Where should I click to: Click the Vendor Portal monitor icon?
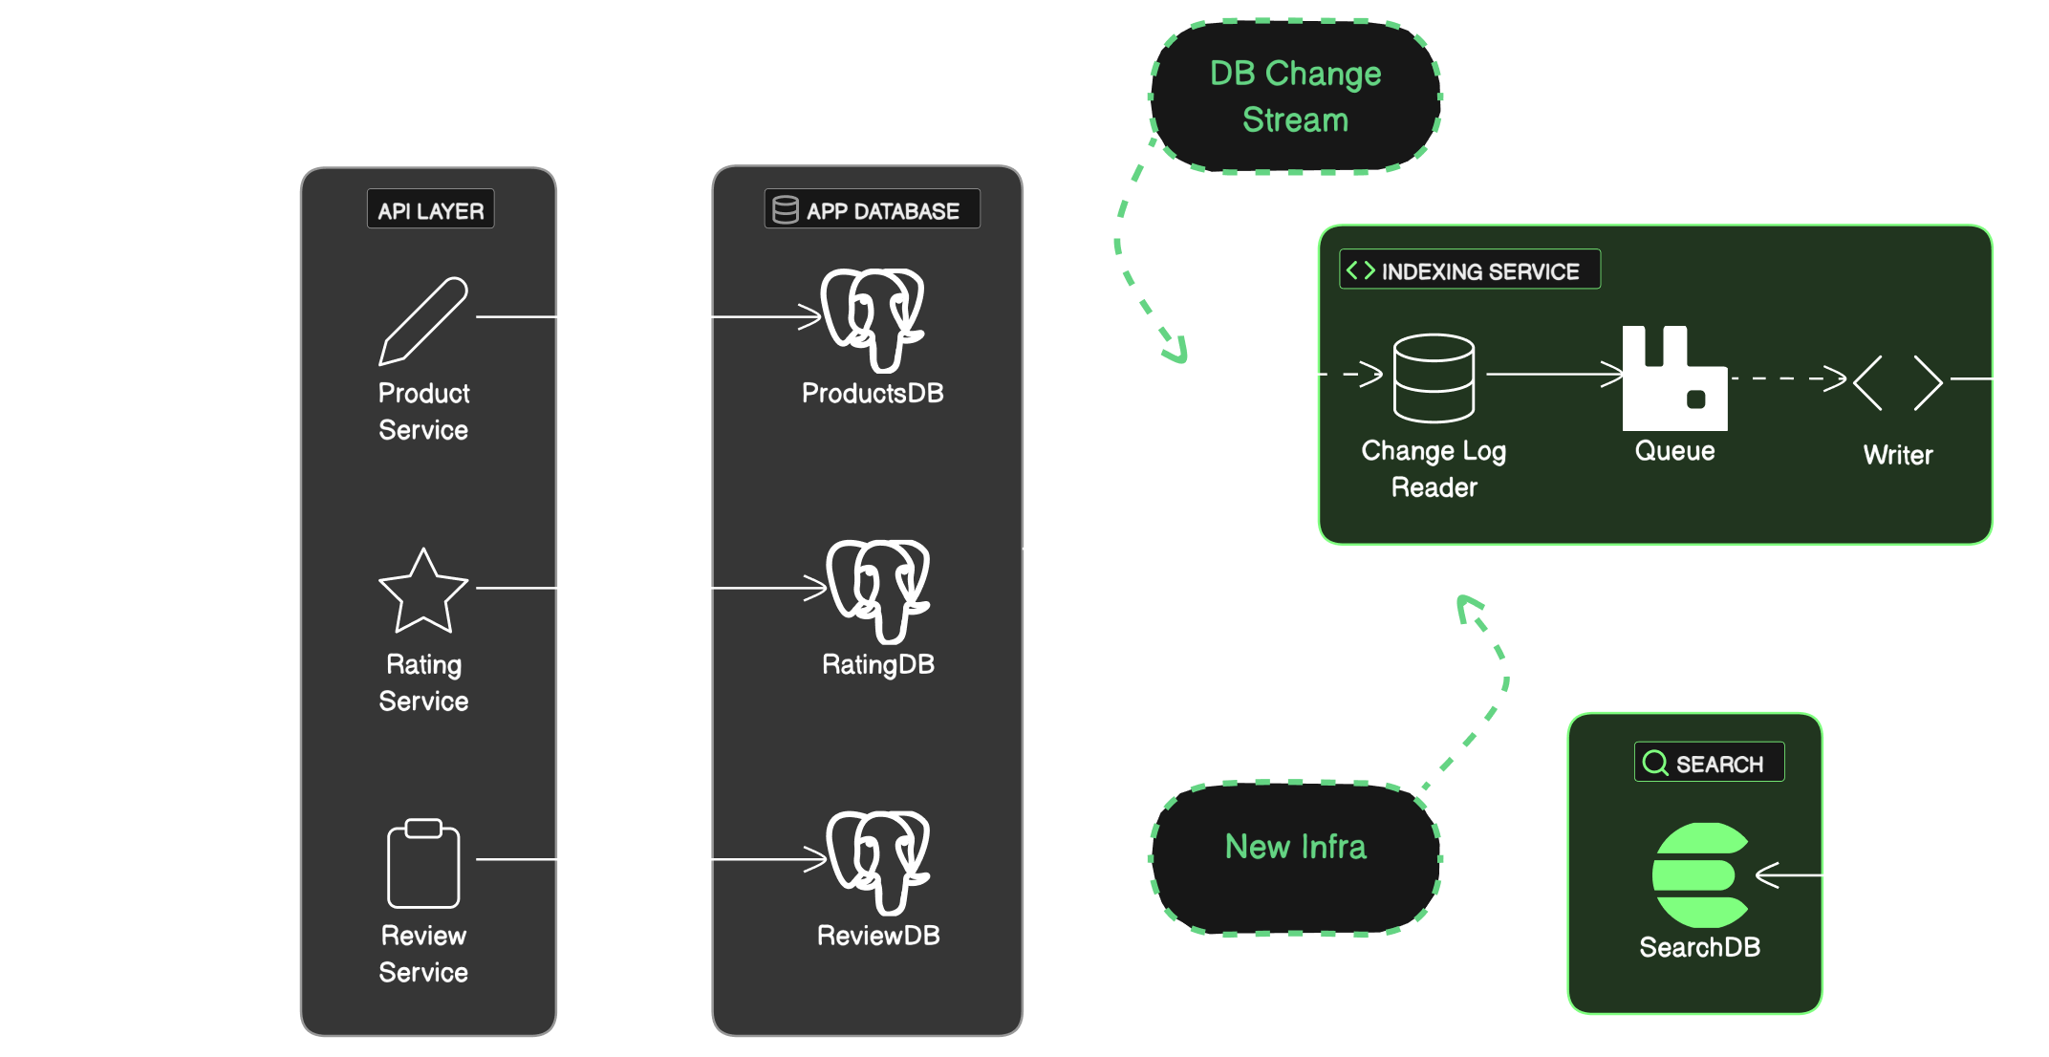pyautogui.click(x=113, y=421)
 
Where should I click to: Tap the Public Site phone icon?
pyautogui.click(x=113, y=805)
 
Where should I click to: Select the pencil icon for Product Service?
pyautogui.click(x=423, y=321)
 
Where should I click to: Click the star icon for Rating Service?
pyautogui.click(x=423, y=593)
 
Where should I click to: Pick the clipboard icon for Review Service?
pyautogui.click(x=423, y=864)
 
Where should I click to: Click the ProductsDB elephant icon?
pyautogui.click(x=872, y=319)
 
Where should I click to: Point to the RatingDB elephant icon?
pyautogui.click(x=877, y=591)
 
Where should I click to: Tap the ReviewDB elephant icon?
pyautogui.click(x=877, y=862)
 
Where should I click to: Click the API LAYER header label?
pyautogui.click(x=430, y=210)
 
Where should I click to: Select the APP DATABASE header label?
pyautogui.click(x=872, y=210)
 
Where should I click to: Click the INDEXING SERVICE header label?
pyautogui.click(x=1469, y=270)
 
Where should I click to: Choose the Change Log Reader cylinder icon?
pyautogui.click(x=1434, y=377)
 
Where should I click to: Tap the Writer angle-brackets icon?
pyautogui.click(x=1898, y=382)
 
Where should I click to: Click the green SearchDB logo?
pyautogui.click(x=1699, y=874)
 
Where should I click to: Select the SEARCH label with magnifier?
pyautogui.click(x=1709, y=763)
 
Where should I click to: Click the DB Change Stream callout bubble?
pyautogui.click(x=1295, y=97)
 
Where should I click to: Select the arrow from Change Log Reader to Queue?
pyautogui.click(x=1553, y=374)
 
